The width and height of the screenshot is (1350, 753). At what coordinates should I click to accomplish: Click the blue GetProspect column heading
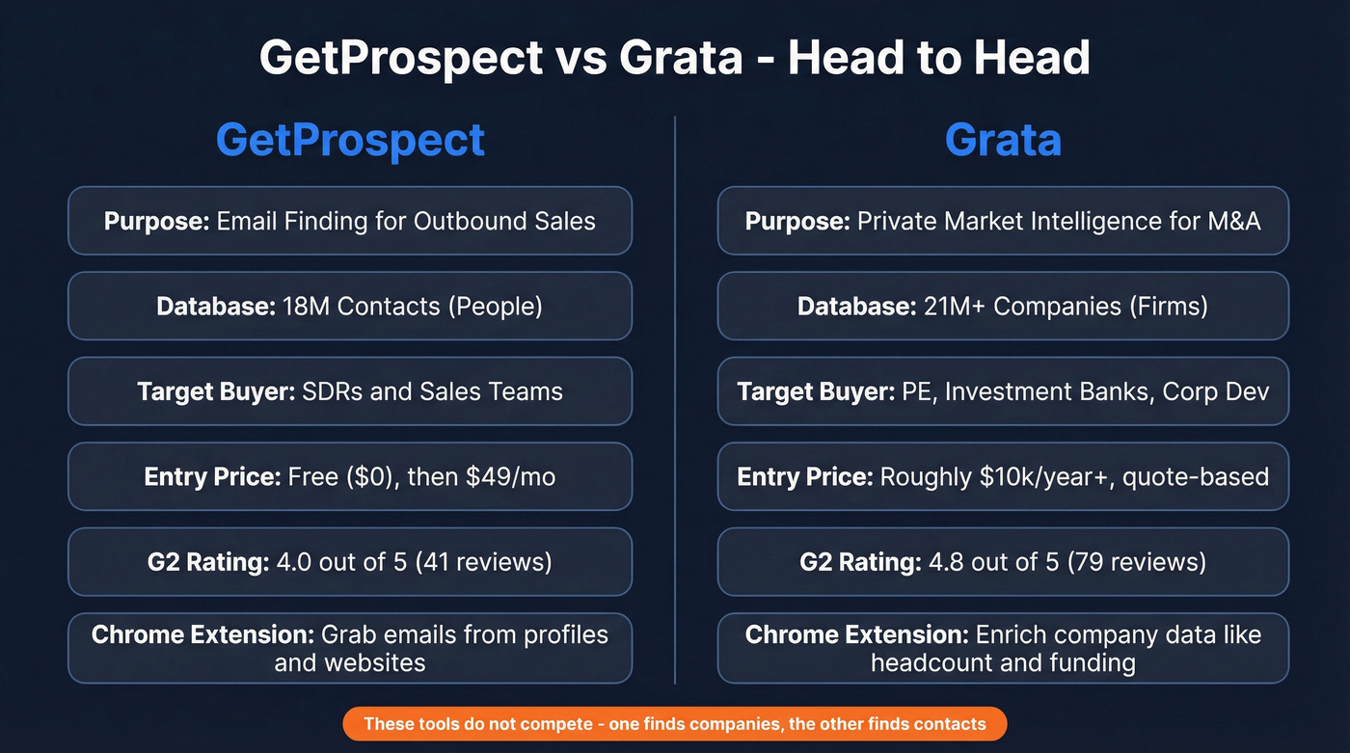tap(350, 140)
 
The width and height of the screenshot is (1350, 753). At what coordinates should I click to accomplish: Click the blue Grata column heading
tap(1003, 140)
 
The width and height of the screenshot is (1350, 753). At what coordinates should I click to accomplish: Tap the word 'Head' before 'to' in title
tap(843, 58)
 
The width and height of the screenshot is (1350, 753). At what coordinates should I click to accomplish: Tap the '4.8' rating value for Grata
tap(949, 562)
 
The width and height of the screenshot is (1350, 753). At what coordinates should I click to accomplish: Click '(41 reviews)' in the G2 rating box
tap(484, 562)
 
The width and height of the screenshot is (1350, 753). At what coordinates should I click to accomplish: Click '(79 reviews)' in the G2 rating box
tap(1138, 562)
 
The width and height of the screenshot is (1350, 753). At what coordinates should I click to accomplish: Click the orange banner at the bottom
tap(674, 723)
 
